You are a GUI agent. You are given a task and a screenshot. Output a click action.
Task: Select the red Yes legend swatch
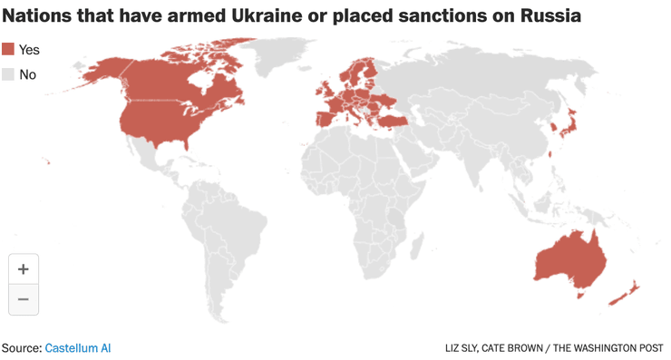click(x=9, y=50)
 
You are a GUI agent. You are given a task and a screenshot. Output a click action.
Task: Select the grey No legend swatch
click(x=9, y=74)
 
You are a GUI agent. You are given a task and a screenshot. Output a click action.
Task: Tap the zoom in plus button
click(x=24, y=269)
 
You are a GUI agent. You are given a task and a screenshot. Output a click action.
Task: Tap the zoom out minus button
click(x=24, y=299)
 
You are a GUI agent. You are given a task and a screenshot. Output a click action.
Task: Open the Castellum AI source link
click(x=78, y=347)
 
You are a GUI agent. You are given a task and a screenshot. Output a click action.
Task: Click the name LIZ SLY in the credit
click(x=467, y=348)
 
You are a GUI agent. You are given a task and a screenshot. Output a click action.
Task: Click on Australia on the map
click(x=570, y=258)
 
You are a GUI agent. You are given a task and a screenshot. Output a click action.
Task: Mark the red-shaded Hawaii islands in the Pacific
click(x=47, y=163)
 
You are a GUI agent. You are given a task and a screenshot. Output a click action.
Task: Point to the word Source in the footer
click(x=20, y=347)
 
